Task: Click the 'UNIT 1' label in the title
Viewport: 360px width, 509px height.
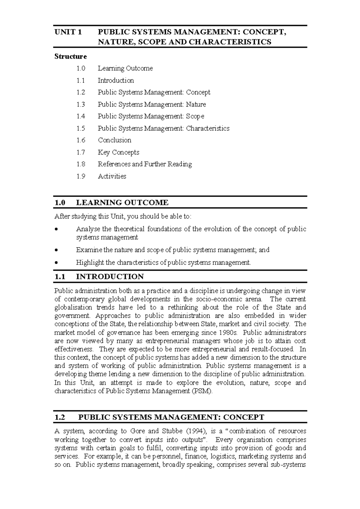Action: [x=68, y=32]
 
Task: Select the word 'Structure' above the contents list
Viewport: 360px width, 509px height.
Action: [x=70, y=56]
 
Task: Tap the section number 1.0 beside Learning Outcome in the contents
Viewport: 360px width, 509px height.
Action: [x=81, y=68]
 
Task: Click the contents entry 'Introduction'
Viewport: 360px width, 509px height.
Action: [x=116, y=80]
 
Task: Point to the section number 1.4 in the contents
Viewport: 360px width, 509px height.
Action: [x=81, y=116]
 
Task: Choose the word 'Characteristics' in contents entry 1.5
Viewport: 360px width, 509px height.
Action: [x=208, y=128]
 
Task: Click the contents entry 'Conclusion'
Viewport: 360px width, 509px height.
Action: [x=115, y=140]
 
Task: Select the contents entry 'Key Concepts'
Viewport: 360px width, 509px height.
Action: [x=118, y=152]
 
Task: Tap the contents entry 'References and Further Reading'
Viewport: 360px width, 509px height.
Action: [x=145, y=164]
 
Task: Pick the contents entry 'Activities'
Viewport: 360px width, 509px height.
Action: [x=112, y=176]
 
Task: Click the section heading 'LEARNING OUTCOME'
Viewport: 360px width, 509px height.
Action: [x=122, y=203]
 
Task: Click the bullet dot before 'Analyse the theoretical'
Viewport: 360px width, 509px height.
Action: [x=56, y=230]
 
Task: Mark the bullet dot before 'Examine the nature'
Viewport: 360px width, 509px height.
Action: [x=56, y=250]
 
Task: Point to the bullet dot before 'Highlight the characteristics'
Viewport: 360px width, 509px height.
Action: [x=56, y=263]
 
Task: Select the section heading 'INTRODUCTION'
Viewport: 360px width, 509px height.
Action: [x=110, y=276]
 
